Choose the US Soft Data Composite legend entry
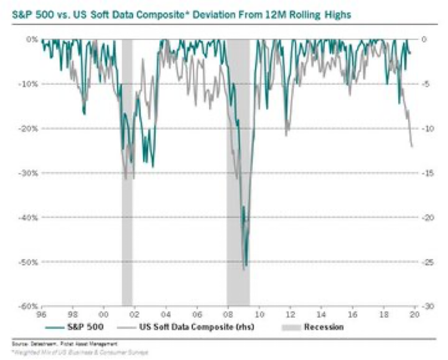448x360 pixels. [x=183, y=327]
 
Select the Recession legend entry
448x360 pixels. [x=323, y=327]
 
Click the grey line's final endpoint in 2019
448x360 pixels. [x=412, y=146]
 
